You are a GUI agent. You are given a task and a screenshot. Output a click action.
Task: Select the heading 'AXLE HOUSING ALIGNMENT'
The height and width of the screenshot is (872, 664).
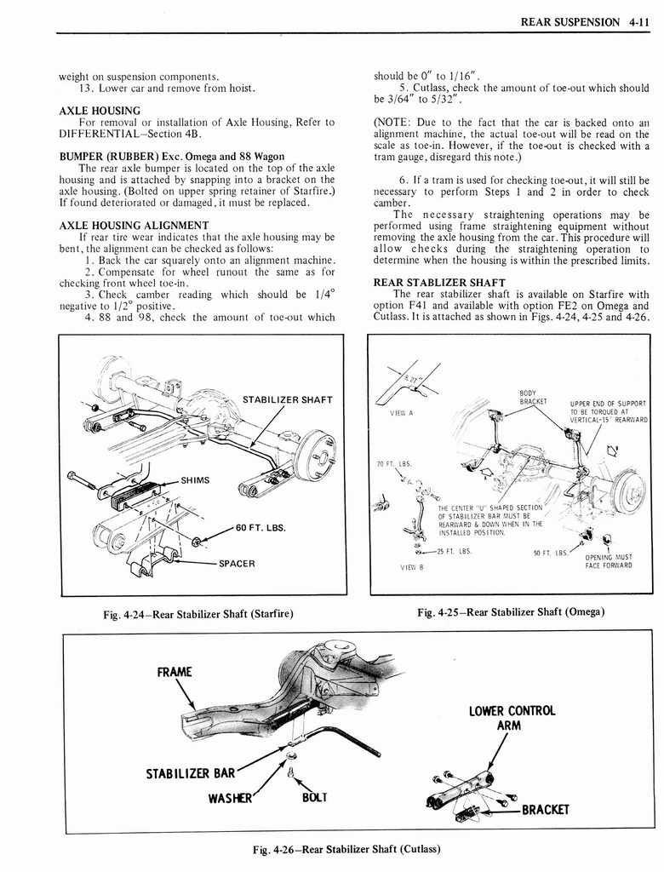pos(134,225)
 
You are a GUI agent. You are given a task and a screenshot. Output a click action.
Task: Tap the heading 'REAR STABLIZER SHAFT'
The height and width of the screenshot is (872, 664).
pos(439,283)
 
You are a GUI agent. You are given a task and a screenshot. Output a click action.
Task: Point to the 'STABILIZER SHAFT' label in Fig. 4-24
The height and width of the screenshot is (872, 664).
pos(287,399)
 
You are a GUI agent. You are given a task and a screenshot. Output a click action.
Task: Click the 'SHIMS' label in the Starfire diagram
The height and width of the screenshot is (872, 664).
pos(196,479)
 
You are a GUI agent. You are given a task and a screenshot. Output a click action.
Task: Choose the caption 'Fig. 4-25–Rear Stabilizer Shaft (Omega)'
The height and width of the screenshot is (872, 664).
pos(511,612)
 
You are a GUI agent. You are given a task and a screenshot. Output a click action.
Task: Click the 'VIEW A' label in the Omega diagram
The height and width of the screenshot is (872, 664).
pos(401,413)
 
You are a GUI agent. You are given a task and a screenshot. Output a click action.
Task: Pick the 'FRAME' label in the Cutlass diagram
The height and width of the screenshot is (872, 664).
pos(175,672)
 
